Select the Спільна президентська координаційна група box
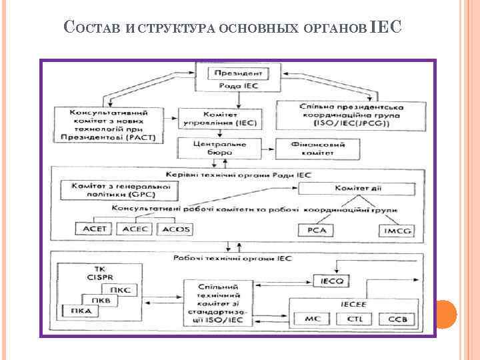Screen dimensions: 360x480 click(343, 115)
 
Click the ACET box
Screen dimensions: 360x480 click(95, 229)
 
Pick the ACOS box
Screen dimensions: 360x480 click(175, 229)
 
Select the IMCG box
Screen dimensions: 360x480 click(396, 231)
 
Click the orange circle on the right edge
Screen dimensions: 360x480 click(445, 313)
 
